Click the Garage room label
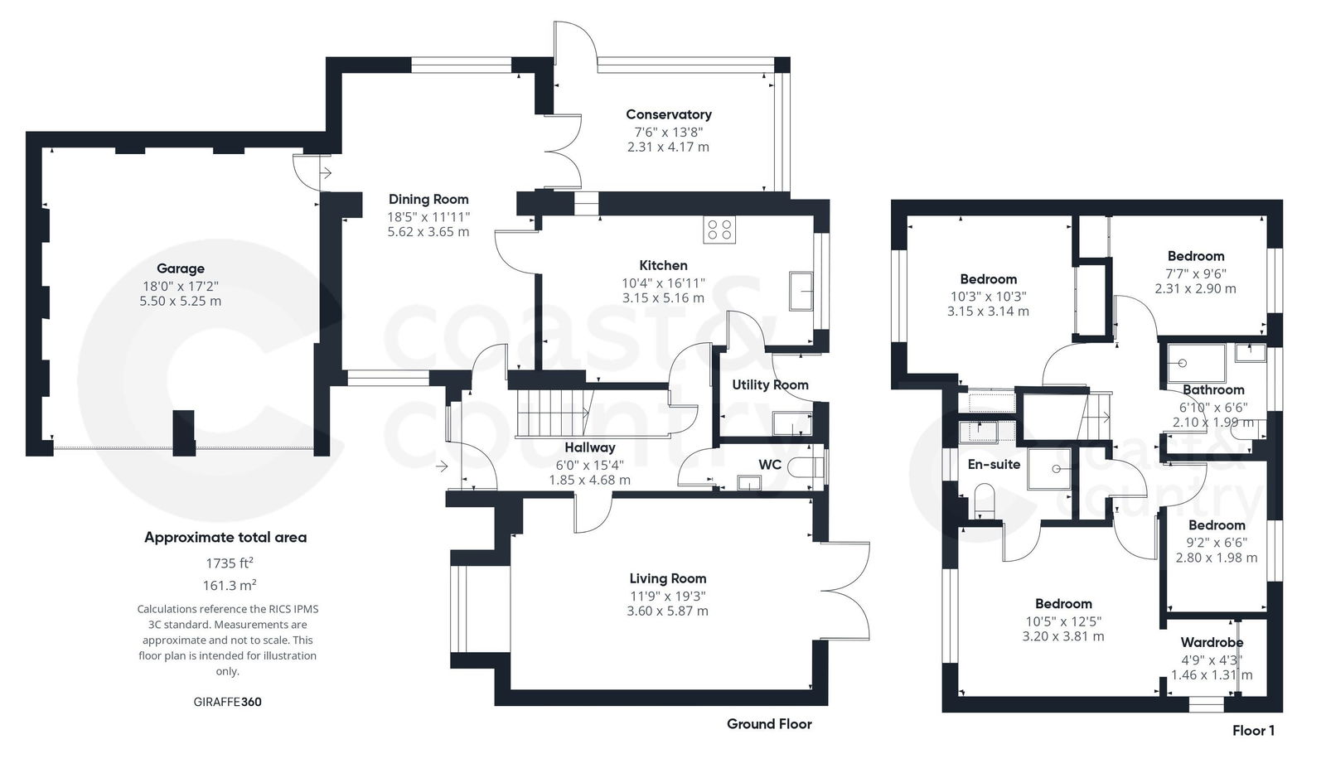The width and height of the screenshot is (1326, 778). pos(181,268)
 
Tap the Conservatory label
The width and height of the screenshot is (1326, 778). pos(668,114)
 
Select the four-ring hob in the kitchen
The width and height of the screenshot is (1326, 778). pos(719,230)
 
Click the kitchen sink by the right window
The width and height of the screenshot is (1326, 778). pos(801,291)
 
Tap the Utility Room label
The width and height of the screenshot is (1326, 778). pos(770,384)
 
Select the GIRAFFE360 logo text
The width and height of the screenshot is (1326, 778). pos(227,702)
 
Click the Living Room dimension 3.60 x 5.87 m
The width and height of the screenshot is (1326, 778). pos(667,611)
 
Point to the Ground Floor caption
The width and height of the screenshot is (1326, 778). pos(769,724)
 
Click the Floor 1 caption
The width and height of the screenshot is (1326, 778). pos(1253,731)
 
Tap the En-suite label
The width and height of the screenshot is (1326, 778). pos(994,465)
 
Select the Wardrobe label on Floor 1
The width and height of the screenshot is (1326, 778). pos(1212,642)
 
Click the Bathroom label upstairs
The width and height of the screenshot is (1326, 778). pos(1212,390)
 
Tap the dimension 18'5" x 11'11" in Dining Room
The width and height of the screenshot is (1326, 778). pos(428,216)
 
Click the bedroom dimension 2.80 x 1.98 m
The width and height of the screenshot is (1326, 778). pos(1216,558)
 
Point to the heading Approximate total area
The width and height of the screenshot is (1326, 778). pos(225,537)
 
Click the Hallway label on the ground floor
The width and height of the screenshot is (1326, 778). pos(589,447)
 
